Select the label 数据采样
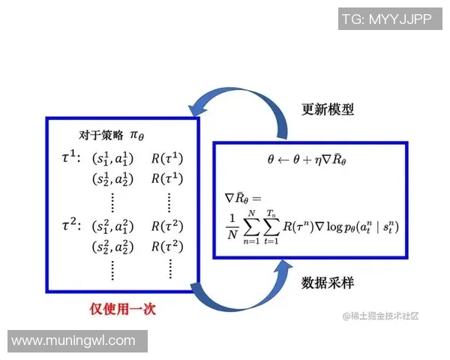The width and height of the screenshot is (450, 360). [328, 283]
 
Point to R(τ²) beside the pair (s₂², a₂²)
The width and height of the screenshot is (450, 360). [166, 246]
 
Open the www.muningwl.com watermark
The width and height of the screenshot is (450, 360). [73, 341]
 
